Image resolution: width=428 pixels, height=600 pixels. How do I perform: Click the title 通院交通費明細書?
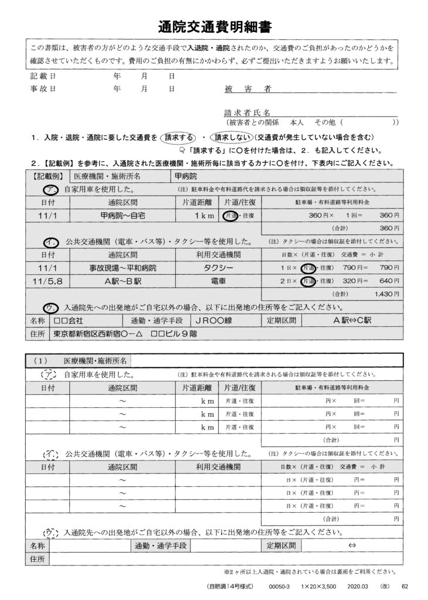click(214, 27)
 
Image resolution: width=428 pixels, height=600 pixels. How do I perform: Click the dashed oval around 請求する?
click(179, 137)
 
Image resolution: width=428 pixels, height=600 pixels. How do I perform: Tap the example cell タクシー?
click(218, 267)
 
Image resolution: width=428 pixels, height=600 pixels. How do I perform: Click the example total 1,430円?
click(383, 293)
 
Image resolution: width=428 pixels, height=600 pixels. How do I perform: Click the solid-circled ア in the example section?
click(51, 189)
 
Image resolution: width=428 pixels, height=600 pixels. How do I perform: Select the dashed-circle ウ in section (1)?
click(51, 532)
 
